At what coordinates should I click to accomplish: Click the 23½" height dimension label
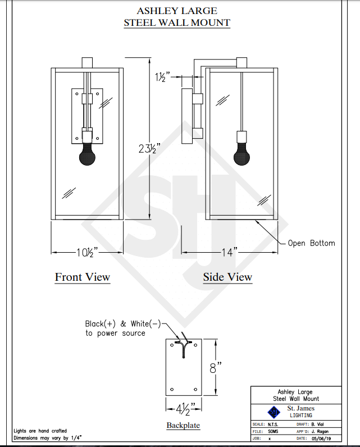(x=149, y=148)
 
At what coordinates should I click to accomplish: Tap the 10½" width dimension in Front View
(x=87, y=252)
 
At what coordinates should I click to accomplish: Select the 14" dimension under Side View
(x=230, y=252)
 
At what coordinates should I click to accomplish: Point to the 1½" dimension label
(x=162, y=77)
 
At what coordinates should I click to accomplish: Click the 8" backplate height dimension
(x=216, y=368)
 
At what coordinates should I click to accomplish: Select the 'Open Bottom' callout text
(x=311, y=243)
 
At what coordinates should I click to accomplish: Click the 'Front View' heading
(x=83, y=277)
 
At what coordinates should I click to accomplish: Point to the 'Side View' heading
(x=227, y=277)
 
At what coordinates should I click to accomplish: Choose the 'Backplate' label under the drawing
(x=183, y=425)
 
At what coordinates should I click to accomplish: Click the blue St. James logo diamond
(x=274, y=412)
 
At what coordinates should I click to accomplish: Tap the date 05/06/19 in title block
(x=321, y=439)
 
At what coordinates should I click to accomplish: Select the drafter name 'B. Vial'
(x=317, y=425)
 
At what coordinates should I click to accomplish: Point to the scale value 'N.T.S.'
(x=273, y=425)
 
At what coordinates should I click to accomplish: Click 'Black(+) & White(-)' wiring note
(x=123, y=324)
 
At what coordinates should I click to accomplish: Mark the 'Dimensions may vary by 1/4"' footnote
(x=48, y=438)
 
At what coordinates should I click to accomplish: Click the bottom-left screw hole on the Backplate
(x=172, y=389)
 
